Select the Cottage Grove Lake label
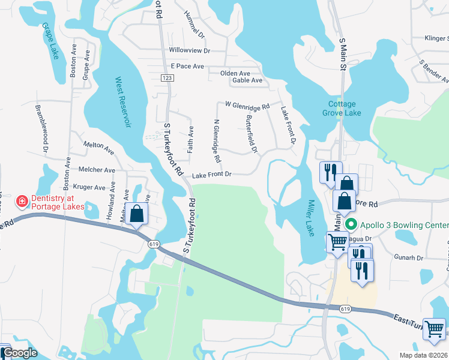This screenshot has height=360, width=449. point(342,108)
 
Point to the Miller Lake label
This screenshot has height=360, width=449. point(310,218)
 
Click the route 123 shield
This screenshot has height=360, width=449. point(167,79)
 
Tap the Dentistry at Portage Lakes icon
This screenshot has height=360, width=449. point(22,200)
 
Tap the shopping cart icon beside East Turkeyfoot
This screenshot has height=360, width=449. point(435,329)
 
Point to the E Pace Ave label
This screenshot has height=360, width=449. point(187,66)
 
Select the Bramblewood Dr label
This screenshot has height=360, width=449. point(44,127)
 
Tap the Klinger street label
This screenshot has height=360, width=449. point(436,38)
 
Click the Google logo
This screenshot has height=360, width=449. point(20,353)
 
